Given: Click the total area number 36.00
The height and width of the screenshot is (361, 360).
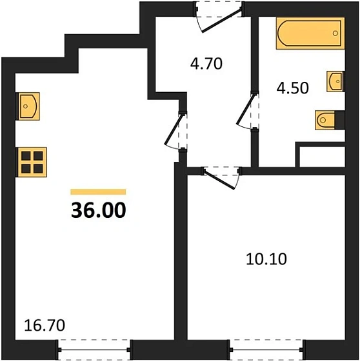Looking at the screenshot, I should pyautogui.click(x=98, y=210).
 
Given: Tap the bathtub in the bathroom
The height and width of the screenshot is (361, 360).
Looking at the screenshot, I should pyautogui.click(x=307, y=33).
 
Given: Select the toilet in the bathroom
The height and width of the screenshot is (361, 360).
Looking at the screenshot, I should pyautogui.click(x=326, y=120).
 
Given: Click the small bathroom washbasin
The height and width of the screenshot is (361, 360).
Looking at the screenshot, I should pyautogui.click(x=335, y=81).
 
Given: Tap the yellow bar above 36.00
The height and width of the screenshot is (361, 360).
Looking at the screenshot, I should pyautogui.click(x=98, y=191).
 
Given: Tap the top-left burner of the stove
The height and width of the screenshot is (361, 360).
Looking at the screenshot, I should pyautogui.click(x=26, y=155).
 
